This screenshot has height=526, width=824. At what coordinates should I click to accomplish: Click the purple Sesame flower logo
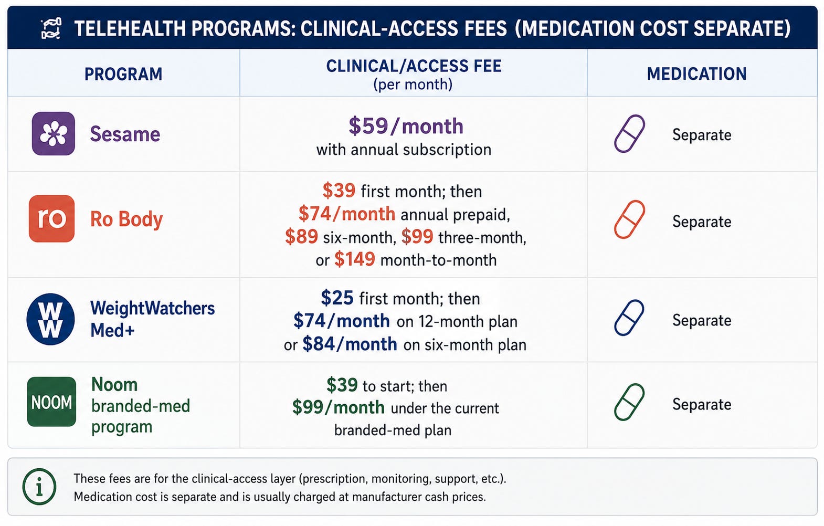coord(54,133)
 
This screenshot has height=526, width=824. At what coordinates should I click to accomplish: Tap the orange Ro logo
coord(51,218)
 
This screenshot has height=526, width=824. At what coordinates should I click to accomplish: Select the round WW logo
coord(50,319)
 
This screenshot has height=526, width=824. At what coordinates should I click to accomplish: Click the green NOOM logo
coord(51,402)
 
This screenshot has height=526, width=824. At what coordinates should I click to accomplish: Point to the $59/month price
coord(406,126)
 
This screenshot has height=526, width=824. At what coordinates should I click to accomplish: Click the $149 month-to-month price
coord(355,259)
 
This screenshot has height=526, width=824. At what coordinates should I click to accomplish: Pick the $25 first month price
coord(337,298)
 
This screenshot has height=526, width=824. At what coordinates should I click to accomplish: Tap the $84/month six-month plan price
coord(350,344)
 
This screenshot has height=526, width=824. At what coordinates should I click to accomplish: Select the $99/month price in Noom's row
coord(339,407)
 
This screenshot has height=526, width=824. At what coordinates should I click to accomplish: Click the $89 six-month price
coord(301,237)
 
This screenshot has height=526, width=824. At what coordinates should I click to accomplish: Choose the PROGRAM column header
coord(123,74)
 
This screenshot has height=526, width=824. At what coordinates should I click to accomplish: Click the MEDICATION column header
coord(696,74)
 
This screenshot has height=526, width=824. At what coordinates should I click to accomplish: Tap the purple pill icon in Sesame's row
coord(629,133)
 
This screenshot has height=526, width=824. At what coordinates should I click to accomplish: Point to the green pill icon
coord(629,402)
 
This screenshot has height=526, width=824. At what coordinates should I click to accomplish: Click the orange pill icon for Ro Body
coord(629,219)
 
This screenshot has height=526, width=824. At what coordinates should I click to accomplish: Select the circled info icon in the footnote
coord(39,486)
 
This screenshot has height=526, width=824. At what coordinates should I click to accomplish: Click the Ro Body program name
coord(126,219)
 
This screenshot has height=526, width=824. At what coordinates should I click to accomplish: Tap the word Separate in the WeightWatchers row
coord(702,320)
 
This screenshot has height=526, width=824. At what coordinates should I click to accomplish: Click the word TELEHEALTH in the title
coord(130,29)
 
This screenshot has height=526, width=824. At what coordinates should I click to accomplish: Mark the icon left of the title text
coord(51,29)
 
